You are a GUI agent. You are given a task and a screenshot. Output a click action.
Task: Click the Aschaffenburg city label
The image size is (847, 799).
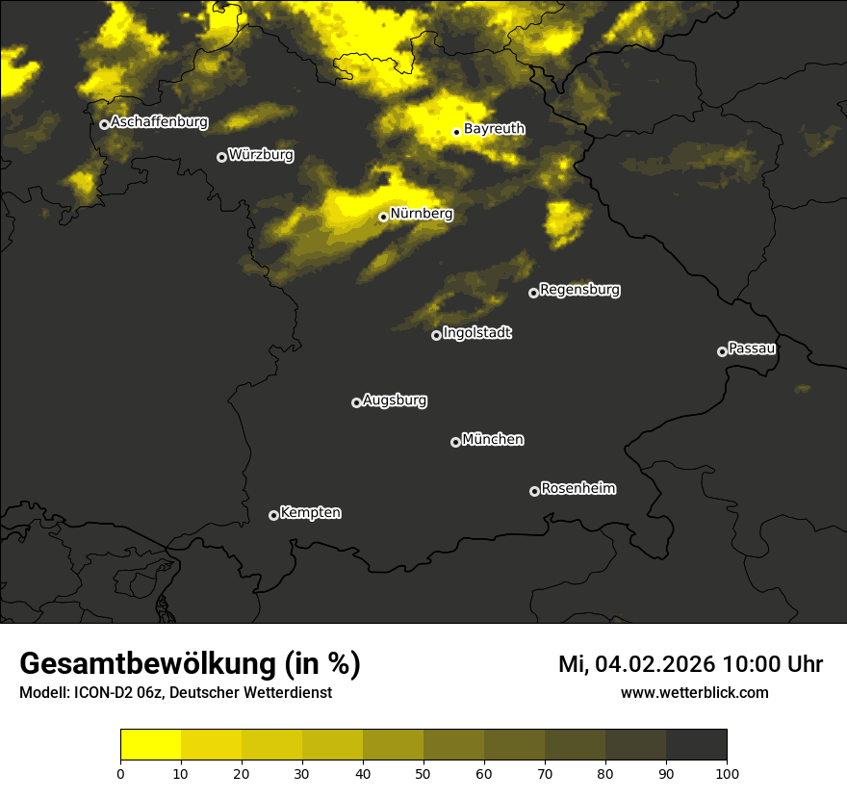coord(159,122)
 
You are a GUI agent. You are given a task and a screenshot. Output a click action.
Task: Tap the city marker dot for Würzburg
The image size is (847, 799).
coord(221,157)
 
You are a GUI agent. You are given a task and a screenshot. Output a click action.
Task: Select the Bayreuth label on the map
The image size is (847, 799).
coord(494,129)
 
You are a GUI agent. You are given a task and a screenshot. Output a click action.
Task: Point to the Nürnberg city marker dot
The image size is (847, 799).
coord(383,217)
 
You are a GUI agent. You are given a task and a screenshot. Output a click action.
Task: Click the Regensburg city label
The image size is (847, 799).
coord(579,290)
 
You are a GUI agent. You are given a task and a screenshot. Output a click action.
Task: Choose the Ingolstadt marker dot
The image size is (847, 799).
coord(436,335)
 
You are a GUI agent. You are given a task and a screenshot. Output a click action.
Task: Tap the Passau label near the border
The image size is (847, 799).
coord(752,348)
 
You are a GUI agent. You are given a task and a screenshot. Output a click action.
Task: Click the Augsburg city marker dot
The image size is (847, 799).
coord(356,402)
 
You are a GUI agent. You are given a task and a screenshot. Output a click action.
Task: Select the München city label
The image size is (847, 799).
coord(493,440)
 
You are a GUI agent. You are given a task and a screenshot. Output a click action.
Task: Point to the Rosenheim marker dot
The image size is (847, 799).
coord(534,491)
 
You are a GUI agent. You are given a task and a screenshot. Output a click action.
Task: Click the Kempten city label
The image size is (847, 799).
coord(310,513)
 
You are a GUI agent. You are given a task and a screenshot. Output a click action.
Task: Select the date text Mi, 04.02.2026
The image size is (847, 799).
coord(636,664)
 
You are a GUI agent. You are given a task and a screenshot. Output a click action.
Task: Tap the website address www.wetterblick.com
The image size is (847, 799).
coord(694,692)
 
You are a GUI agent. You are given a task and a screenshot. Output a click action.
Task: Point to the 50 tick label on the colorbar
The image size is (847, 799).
coord(423,772)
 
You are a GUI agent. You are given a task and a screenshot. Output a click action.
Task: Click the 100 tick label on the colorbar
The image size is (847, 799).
coord(726,772)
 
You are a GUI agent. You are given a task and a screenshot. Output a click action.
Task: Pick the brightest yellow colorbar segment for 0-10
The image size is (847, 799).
coord(150,745)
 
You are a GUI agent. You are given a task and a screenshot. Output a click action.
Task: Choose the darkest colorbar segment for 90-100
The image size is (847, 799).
coord(696,745)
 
